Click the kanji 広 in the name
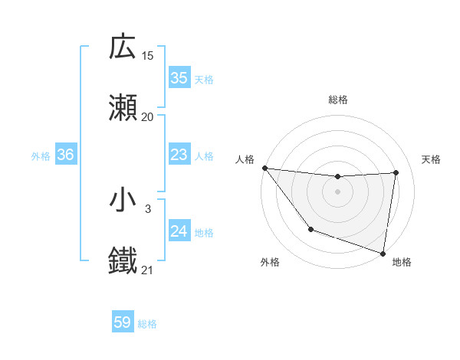[x=123, y=47]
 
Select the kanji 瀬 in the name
[x=123, y=108]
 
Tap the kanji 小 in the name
[x=123, y=201]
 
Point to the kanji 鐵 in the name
[x=123, y=261]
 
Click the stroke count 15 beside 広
[x=148, y=56]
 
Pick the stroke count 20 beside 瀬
[x=148, y=116]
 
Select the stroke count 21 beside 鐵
[x=148, y=270]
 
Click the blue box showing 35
[x=179, y=78]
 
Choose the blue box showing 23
[x=179, y=155]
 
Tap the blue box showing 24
[x=179, y=231]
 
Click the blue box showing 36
[x=66, y=155]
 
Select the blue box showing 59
[x=123, y=323]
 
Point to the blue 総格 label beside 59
[x=147, y=324]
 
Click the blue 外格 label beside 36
[x=41, y=155]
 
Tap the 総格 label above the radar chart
[x=337, y=100]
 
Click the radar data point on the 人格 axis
[x=264, y=168]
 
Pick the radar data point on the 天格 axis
[x=396, y=172]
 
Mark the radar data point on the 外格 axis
[x=310, y=229]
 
